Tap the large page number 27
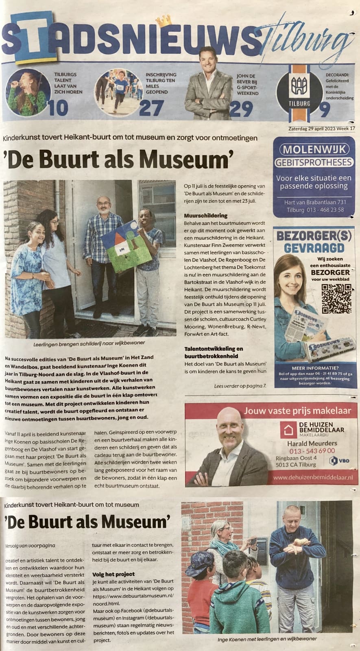pyautogui.click(x=151, y=108)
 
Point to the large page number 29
pyautogui.click(x=241, y=109)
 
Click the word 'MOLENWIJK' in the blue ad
pyautogui.click(x=314, y=149)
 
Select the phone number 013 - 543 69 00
pyautogui.click(x=312, y=450)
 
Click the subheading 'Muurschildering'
pyautogui.click(x=205, y=215)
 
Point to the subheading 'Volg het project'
pyautogui.click(x=113, y=574)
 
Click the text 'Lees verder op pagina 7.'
pyautogui.click(x=240, y=385)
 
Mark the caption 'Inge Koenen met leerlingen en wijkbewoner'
pyautogui.click(x=267, y=638)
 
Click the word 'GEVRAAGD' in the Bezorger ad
pyautogui.click(x=314, y=248)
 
